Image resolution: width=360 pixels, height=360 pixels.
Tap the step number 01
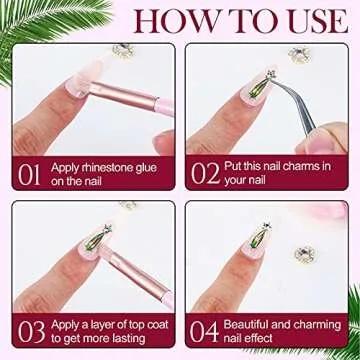(30, 173)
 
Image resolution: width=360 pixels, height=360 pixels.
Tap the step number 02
(205, 173)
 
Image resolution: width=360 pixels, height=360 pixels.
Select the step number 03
(30, 331)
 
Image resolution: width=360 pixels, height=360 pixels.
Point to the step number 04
(205, 331)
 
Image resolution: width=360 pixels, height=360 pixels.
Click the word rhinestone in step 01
(105, 166)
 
